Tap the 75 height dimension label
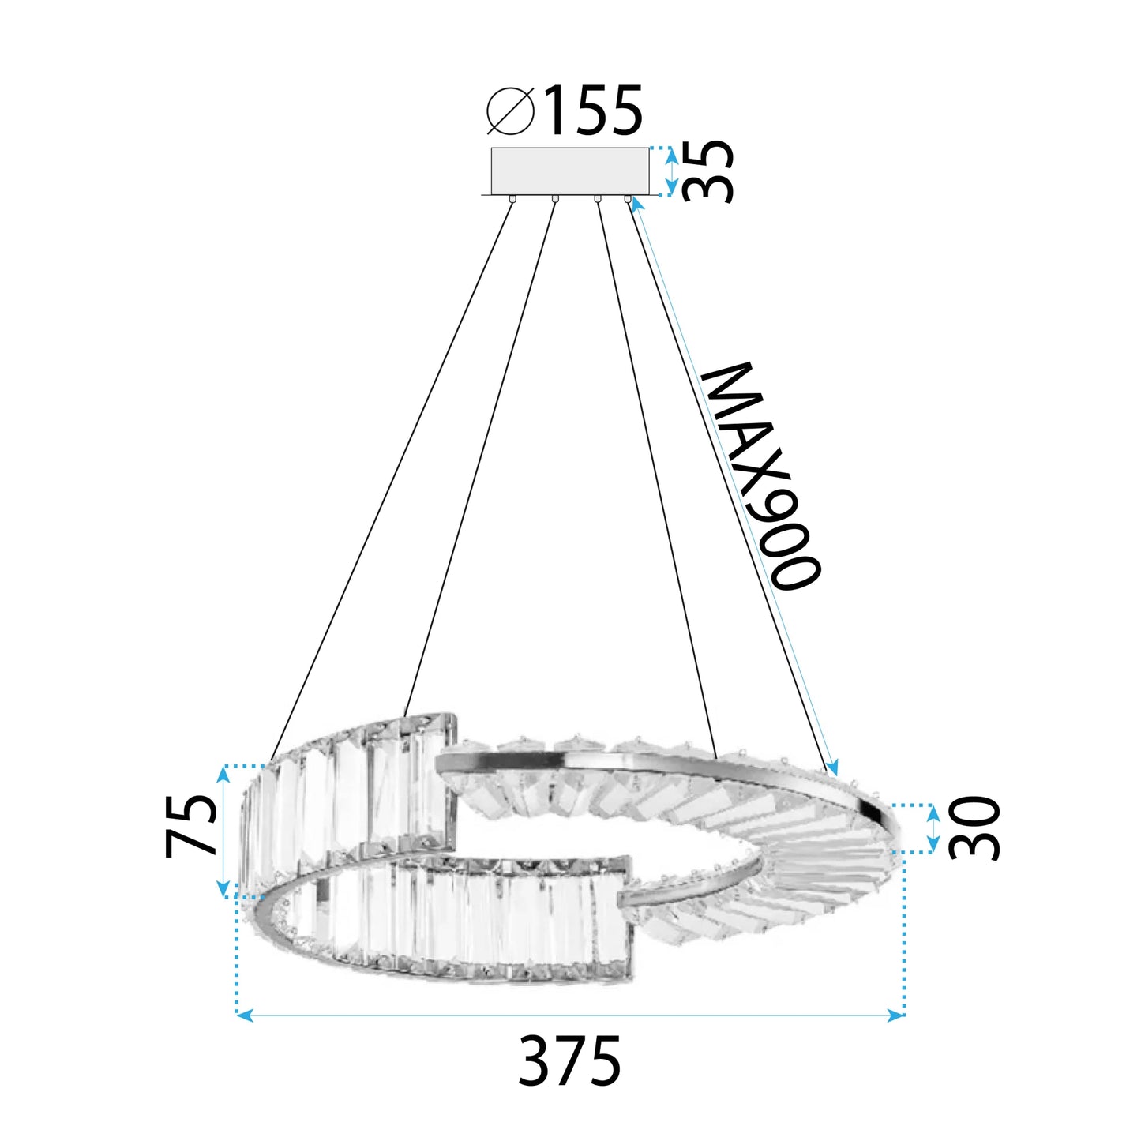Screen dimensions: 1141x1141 pyautogui.click(x=192, y=826)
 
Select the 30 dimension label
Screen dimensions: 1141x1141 pyautogui.click(x=974, y=828)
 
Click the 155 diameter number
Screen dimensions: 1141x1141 pyautogui.click(x=594, y=111)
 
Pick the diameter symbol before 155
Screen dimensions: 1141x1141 pyautogui.click(x=511, y=111)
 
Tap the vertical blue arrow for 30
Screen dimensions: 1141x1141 pyautogui.click(x=933, y=828)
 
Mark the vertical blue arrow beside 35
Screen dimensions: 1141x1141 pyautogui.click(x=671, y=171)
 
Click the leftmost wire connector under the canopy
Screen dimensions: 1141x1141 pyautogui.click(x=513, y=199)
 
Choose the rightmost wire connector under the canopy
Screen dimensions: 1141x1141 pyautogui.click(x=629, y=199)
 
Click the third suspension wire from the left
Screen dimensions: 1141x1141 pyautogui.click(x=655, y=474)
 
